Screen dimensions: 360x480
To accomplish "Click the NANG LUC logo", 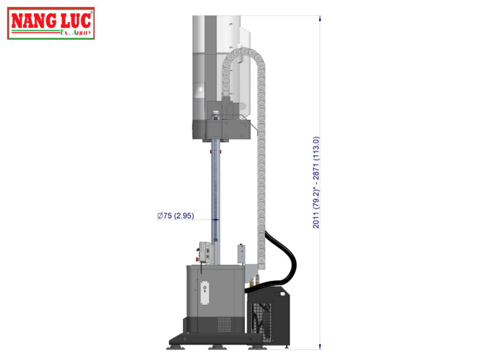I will [51, 23].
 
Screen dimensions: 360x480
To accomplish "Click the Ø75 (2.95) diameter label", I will [175, 216].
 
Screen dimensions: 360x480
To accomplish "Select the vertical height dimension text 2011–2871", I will [316, 183].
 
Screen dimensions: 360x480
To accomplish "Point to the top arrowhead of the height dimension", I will [320, 18].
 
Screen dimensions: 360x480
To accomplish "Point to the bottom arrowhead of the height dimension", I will [320, 346].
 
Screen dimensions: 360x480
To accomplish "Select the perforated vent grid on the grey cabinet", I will [225, 323].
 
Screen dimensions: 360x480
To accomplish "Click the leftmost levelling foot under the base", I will [175, 346].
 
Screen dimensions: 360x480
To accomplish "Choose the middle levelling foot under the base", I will [217, 347].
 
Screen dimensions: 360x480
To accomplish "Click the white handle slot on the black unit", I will [282, 294].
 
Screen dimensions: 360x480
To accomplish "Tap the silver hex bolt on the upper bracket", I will [216, 113].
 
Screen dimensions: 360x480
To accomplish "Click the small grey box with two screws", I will [241, 253].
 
